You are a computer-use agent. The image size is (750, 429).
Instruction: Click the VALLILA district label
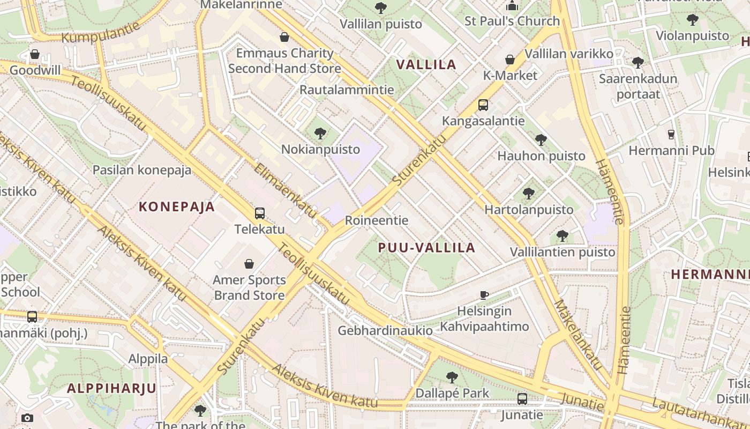(426, 65)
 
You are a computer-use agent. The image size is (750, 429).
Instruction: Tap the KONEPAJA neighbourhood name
(177, 206)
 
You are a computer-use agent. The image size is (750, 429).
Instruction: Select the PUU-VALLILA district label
(426, 247)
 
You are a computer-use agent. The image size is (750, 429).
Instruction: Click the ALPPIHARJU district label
(111, 388)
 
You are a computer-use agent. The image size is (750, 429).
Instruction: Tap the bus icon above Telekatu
(260, 213)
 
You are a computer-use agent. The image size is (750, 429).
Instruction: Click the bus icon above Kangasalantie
(483, 105)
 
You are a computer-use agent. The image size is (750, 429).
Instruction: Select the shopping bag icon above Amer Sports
(249, 264)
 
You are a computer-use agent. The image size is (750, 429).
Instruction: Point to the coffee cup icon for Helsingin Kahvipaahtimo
(484, 295)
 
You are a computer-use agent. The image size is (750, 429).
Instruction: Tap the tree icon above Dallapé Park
(452, 378)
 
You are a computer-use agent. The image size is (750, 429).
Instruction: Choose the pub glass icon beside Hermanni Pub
(671, 135)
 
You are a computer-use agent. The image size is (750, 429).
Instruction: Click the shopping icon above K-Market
(510, 60)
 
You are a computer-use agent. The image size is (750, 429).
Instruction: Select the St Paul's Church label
(512, 21)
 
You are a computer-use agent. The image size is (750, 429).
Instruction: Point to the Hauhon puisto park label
(541, 156)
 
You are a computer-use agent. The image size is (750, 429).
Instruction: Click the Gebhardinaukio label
(385, 330)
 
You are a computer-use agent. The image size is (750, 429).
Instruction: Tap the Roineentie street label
(377, 220)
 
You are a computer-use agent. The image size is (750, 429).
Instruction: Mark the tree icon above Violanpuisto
(693, 20)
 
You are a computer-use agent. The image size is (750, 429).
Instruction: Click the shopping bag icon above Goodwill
(35, 54)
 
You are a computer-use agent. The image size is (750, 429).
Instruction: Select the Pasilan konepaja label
(142, 170)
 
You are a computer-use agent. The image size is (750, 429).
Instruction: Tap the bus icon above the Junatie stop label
(522, 399)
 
